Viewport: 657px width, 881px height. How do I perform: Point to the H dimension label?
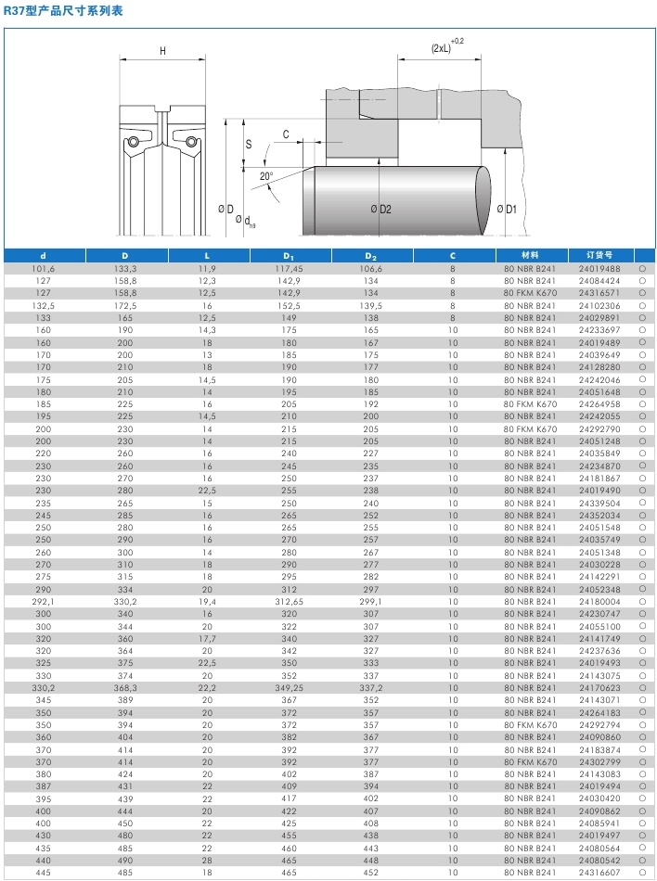[x=163, y=51]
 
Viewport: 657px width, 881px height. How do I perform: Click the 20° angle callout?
[x=266, y=176]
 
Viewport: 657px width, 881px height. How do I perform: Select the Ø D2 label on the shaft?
[x=380, y=210]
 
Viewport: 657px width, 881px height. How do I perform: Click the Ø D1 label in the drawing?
[x=506, y=210]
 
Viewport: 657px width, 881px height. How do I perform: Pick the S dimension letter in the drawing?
[x=249, y=144]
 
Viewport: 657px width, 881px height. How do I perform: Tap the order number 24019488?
[x=599, y=268]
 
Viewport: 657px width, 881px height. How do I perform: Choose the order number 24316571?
[x=599, y=292]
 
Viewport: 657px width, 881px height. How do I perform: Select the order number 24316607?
[x=599, y=873]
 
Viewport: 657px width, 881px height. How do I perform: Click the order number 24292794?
[x=599, y=723]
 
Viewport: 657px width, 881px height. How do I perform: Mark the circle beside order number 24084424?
[x=642, y=280]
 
